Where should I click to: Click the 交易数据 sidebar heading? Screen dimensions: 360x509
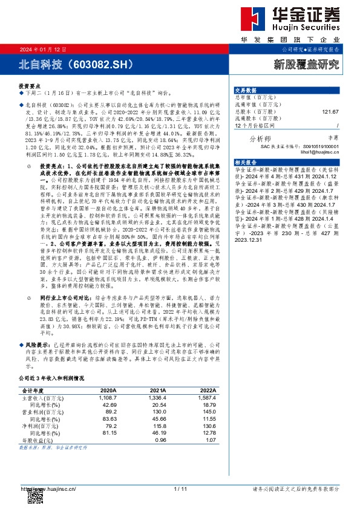[x=246, y=89]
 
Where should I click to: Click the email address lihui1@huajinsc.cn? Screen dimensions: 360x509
[x=317, y=151]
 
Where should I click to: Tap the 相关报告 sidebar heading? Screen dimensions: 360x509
[x=246, y=163]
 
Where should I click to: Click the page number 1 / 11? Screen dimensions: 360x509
[x=180, y=488]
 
